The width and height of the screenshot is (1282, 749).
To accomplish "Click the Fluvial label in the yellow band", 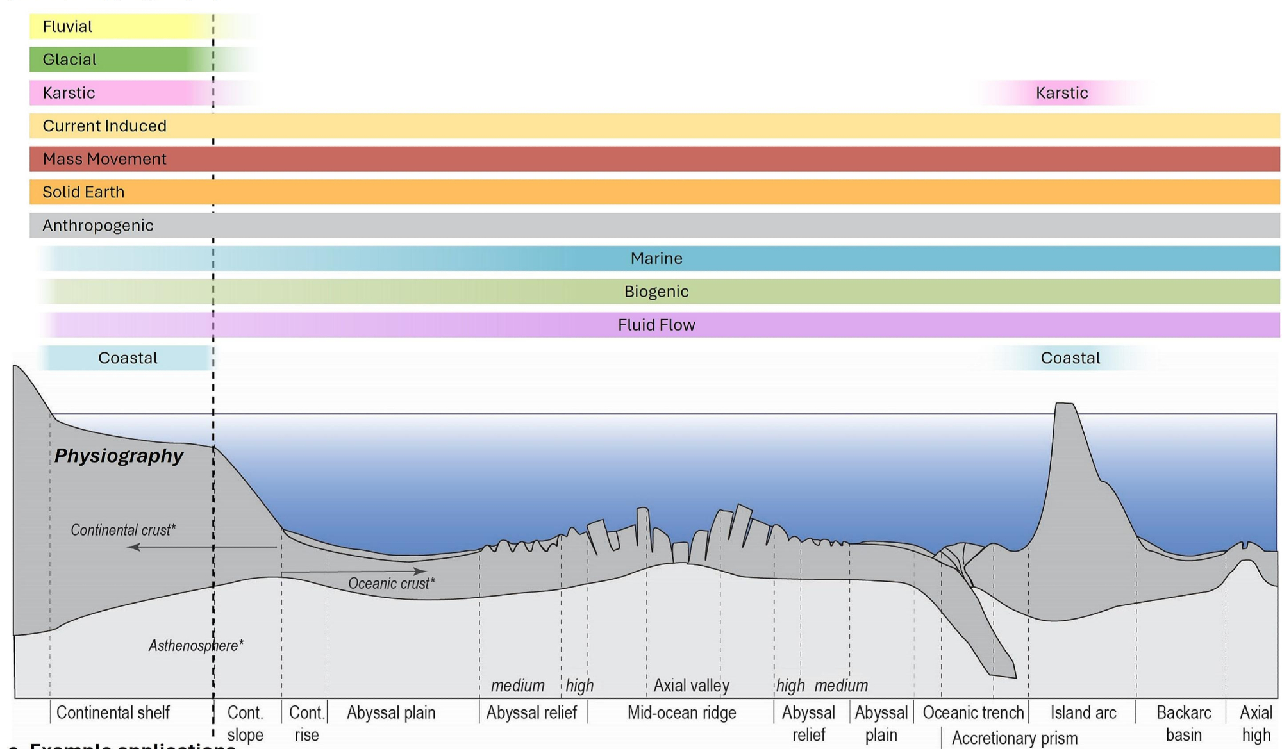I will click(67, 27).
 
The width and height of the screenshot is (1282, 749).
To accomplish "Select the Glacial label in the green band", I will click(69, 60).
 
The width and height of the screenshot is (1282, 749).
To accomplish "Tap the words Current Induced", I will click(104, 126).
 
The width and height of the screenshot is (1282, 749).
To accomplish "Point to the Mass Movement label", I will click(104, 159).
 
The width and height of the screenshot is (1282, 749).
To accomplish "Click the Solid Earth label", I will click(83, 192).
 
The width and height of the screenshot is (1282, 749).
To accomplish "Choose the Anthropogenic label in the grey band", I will click(98, 226).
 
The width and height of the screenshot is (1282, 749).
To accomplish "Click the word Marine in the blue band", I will click(656, 259).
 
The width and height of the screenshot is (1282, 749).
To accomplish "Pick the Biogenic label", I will click(656, 292).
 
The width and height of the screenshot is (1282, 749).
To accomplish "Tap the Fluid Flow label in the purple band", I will click(656, 325).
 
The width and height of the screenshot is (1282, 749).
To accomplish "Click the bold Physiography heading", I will click(119, 456).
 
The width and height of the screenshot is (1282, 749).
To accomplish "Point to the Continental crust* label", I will click(123, 531).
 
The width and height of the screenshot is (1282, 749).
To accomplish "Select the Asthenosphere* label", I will click(196, 646).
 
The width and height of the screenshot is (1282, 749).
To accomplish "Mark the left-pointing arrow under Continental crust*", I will click(202, 547).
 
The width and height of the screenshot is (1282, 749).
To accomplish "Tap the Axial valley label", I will click(691, 686).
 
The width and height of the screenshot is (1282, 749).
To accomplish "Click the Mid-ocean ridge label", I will click(681, 713).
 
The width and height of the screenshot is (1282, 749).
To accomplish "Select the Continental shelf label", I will click(113, 713).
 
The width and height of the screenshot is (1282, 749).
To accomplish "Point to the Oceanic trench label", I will click(973, 713).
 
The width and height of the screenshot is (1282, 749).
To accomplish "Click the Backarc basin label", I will click(1183, 724).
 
